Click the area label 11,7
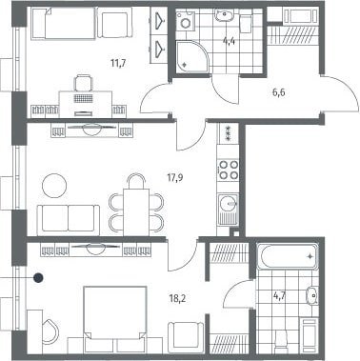118,63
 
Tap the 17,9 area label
175,177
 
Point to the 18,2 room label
177,298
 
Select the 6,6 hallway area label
278,93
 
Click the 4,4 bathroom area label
230,42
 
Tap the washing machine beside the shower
185,21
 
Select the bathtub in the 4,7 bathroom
288,256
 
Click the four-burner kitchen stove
228,170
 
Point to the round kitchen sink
228,202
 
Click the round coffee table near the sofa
54,186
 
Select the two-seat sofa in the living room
69,220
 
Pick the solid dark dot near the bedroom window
38,278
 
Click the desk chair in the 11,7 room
84,83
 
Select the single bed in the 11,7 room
64,24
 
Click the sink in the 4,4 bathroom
224,14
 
